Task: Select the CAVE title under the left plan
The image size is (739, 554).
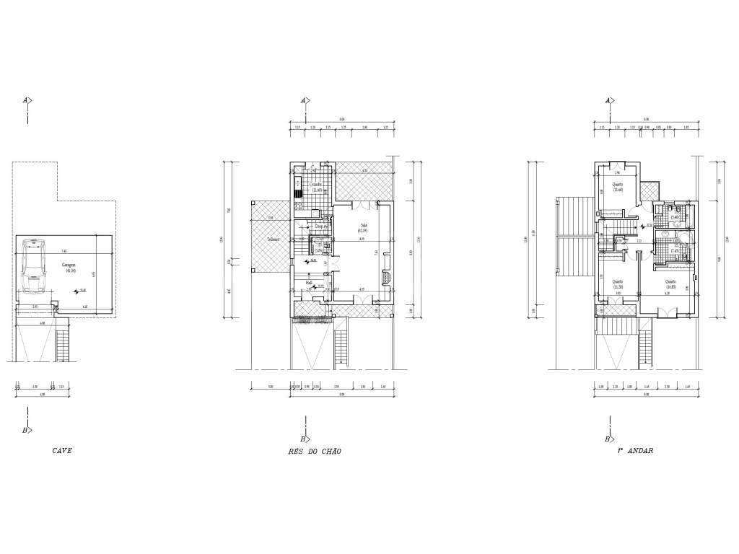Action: tap(62, 451)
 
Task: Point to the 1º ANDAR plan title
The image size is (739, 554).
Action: tap(634, 451)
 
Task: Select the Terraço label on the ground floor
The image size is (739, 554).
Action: tap(273, 239)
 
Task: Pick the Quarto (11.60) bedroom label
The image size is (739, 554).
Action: tap(618, 187)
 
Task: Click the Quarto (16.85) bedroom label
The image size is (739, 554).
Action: tap(670, 283)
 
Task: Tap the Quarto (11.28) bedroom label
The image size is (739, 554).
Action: tap(618, 283)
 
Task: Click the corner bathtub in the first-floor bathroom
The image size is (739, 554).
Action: tap(683, 240)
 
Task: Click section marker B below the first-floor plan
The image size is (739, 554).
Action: tap(608, 439)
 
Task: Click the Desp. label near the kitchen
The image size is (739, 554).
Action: tap(320, 226)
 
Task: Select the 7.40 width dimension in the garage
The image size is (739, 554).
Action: tap(64, 251)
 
